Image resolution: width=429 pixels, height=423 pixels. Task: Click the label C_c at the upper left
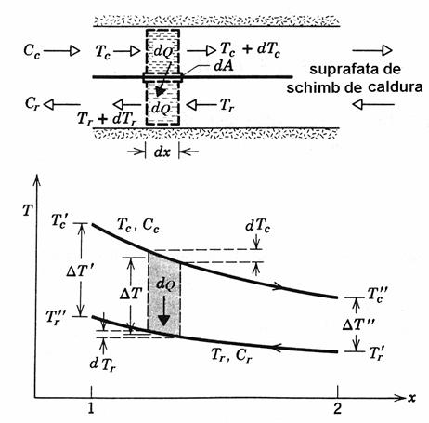coord(32,51)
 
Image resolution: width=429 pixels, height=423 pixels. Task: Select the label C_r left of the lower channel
coord(32,104)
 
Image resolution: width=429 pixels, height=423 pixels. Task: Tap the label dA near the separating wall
coord(224,66)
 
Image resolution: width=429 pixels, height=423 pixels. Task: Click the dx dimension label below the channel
coord(162,152)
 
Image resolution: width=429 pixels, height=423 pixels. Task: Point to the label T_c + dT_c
coord(250,49)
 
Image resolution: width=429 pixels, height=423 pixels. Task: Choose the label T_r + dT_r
coord(107,119)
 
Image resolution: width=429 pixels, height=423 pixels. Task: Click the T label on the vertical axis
coord(28,211)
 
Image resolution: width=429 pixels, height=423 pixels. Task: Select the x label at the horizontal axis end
coord(411,398)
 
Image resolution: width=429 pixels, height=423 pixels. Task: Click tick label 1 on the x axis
coord(91,408)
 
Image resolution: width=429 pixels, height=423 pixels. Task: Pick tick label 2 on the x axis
coord(337,408)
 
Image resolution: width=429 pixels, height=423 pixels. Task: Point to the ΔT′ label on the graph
coord(80,271)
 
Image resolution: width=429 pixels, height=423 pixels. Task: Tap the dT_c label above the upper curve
coord(257,227)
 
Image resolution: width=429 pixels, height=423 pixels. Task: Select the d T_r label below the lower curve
coord(103,364)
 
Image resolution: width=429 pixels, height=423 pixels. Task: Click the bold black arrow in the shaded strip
coord(163,311)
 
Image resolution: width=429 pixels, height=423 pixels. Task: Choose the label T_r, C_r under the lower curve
coord(231,355)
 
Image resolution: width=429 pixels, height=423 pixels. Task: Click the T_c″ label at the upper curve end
coord(377,294)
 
